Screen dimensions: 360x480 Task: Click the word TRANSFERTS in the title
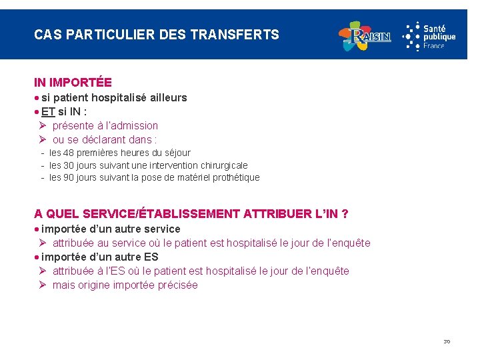click(235, 35)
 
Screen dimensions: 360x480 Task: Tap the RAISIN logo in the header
click(365, 36)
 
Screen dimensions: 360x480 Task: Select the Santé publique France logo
click(430, 36)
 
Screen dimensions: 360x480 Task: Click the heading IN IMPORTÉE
click(73, 83)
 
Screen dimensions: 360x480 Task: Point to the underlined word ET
click(48, 111)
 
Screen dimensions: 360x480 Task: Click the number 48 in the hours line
click(67, 153)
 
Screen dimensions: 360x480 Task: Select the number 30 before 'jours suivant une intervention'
click(67, 165)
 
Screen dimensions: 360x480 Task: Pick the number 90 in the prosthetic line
click(67, 177)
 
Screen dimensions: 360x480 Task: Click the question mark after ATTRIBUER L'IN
click(345, 214)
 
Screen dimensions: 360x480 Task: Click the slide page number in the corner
click(447, 342)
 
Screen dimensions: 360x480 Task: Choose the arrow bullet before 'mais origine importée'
click(41, 285)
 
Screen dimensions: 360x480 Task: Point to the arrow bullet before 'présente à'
click(41, 125)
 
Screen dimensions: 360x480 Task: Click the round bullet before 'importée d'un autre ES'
click(37, 257)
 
